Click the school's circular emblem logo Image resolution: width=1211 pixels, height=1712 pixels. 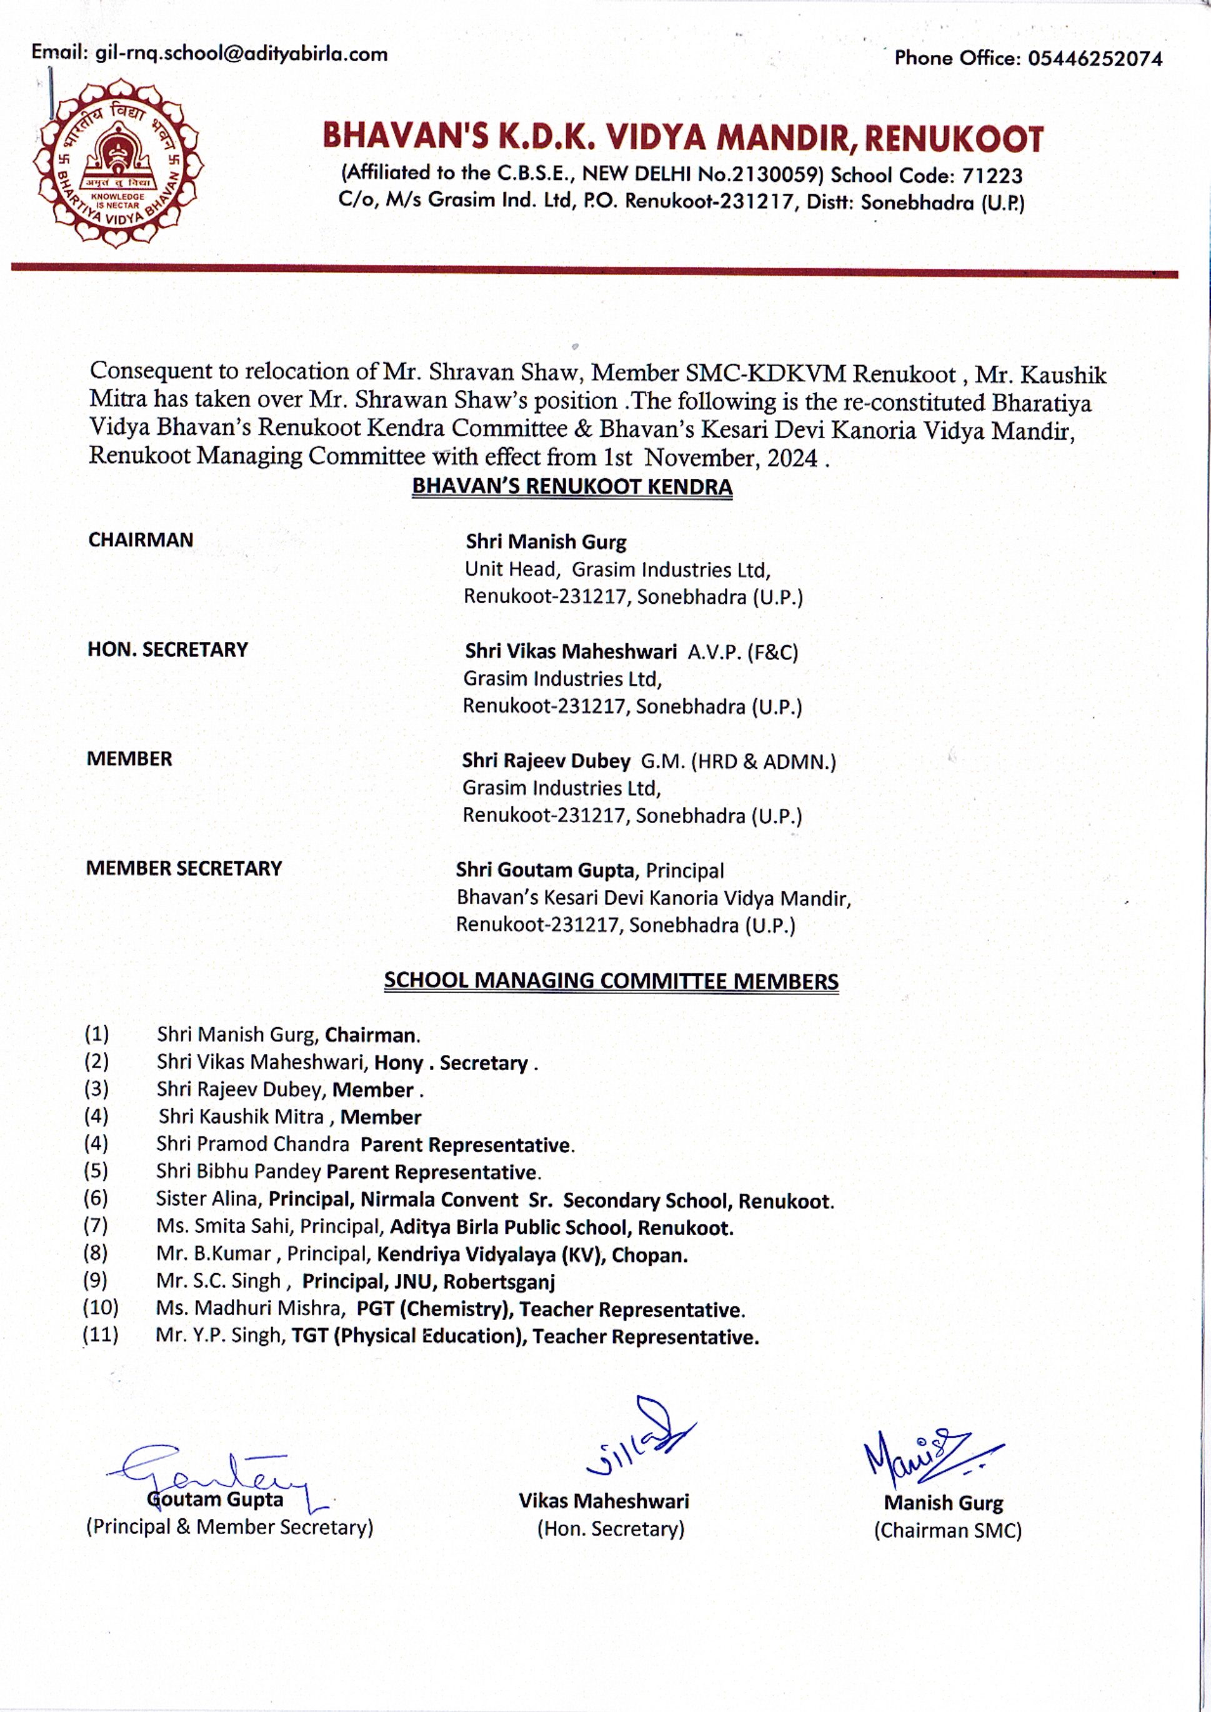[117, 165]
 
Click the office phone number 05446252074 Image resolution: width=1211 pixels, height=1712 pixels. [1095, 58]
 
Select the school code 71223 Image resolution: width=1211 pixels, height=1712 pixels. [992, 176]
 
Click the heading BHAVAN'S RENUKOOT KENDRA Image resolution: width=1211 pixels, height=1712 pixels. [572, 486]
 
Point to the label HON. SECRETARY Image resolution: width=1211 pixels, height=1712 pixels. [168, 649]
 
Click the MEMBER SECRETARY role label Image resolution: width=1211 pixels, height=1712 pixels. [184, 868]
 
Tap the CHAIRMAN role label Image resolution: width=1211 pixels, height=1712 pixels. [141, 540]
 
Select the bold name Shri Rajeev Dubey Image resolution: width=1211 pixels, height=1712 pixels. [546, 761]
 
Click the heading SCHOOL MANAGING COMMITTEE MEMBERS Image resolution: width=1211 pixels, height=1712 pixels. [610, 981]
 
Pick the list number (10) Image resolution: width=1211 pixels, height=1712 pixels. [101, 1307]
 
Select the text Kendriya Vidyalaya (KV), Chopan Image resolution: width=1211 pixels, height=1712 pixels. [532, 1254]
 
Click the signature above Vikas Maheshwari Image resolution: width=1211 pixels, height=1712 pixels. [641, 1443]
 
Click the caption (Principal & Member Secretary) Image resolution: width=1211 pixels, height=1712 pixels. [230, 1527]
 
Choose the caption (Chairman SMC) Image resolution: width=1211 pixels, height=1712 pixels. [947, 1531]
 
